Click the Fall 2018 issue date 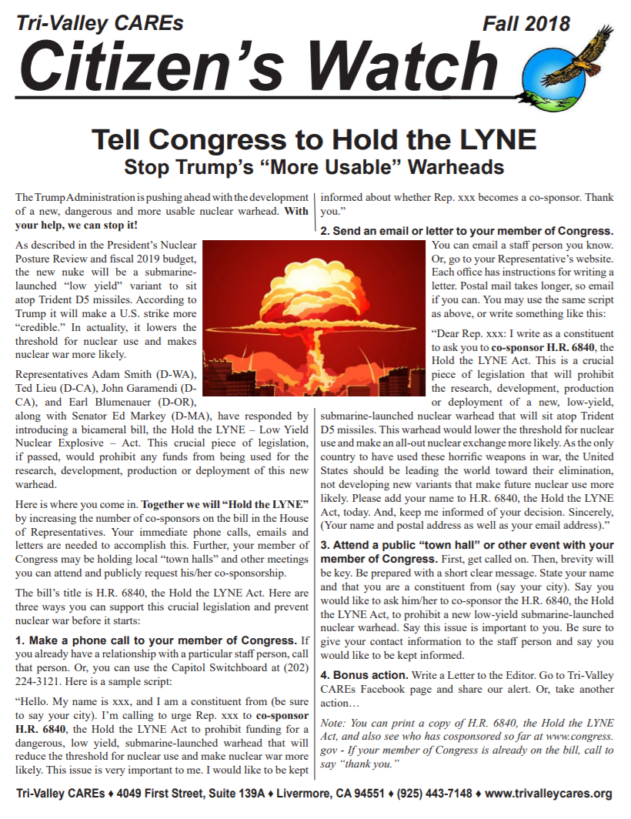point(526,24)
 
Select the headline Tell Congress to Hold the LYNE point(314,140)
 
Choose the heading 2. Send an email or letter point(466,231)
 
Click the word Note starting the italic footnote point(334,723)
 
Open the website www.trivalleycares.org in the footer point(549,794)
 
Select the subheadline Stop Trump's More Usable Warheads point(314,166)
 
